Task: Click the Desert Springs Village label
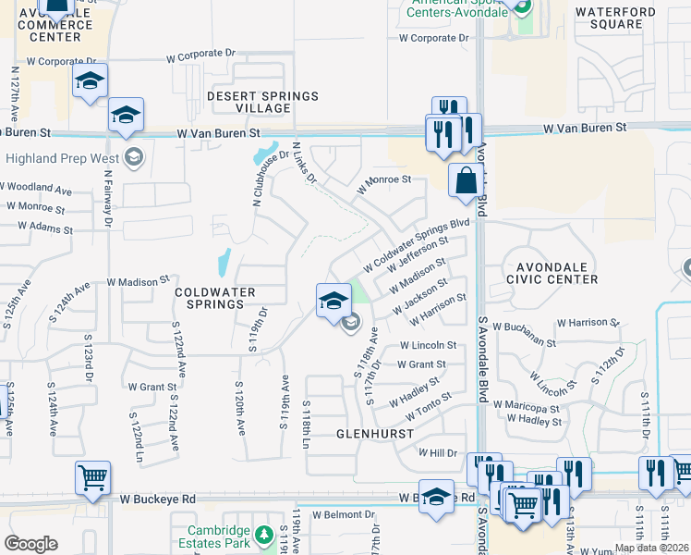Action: [249, 102]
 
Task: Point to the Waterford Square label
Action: [615, 18]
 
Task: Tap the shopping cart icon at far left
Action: [92, 478]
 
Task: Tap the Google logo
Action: [30, 544]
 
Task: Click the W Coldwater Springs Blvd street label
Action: [418, 246]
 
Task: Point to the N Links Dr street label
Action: [304, 163]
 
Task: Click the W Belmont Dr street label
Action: [345, 514]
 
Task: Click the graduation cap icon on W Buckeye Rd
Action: [436, 495]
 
